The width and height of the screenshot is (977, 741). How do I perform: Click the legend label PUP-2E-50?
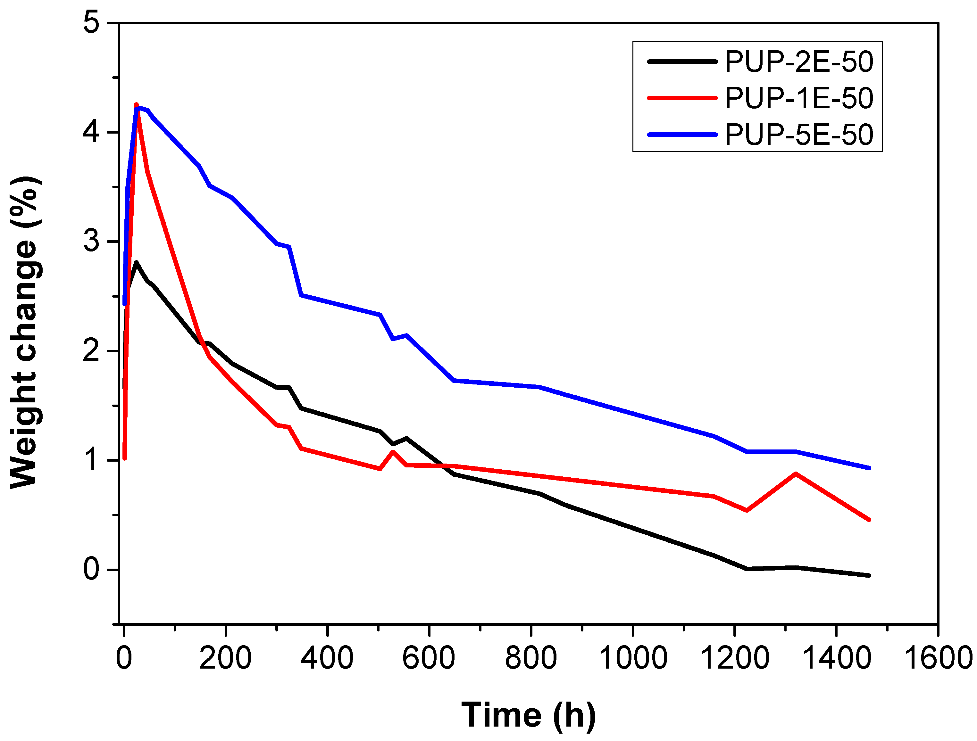798,62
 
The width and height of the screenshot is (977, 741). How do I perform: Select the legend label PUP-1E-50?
798,98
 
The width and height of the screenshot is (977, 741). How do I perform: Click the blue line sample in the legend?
681,135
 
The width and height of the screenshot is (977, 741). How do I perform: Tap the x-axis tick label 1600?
937,658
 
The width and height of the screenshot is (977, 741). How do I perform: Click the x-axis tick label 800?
530,658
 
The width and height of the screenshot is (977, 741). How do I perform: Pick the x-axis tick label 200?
225,658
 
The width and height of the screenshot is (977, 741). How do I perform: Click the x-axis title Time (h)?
528,715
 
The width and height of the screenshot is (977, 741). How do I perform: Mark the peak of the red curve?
136,104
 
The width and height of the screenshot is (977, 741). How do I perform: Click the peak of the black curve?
136,263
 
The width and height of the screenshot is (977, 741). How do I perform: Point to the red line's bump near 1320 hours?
796,473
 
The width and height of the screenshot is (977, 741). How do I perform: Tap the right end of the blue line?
869,468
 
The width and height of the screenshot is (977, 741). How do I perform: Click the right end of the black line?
869,575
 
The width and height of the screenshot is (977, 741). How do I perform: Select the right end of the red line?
869,520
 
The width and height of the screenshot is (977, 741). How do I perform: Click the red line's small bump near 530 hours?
393,451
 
